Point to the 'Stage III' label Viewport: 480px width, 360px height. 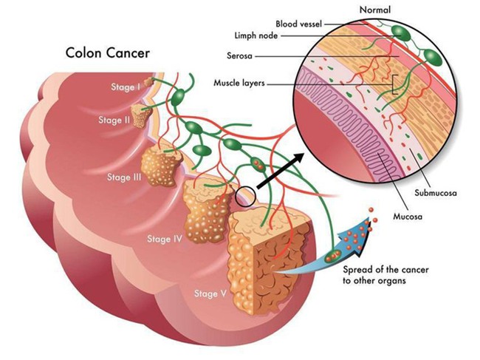pos(124,177)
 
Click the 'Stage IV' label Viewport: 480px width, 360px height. pos(162,239)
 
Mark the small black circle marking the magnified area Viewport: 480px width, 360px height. pos(245,197)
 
